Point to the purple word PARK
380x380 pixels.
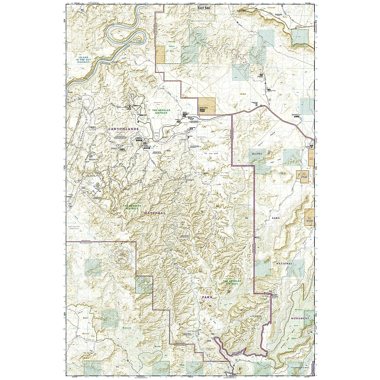pos(207,297)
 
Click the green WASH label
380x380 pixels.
pos(157,346)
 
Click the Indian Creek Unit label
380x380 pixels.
pos(300,368)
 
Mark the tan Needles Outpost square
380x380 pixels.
pos(206,106)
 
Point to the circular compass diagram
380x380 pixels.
pos(121,255)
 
